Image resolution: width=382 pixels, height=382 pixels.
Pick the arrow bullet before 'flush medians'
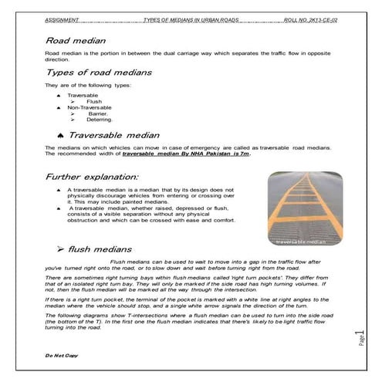click(x=61, y=249)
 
